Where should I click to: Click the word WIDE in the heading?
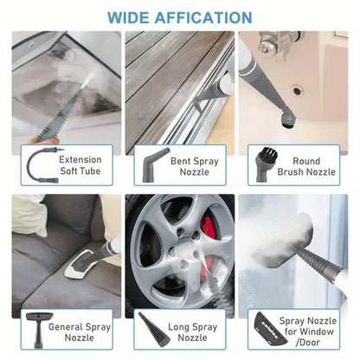click(x=130, y=16)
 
